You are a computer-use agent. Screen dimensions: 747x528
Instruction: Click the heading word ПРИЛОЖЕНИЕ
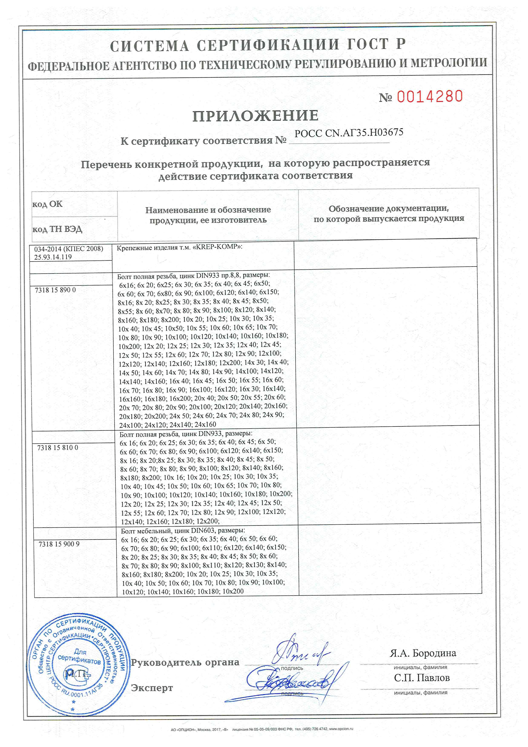(255, 116)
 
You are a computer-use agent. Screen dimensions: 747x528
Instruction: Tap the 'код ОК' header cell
(47, 204)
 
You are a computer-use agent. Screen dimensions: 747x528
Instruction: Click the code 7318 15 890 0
(55, 290)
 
